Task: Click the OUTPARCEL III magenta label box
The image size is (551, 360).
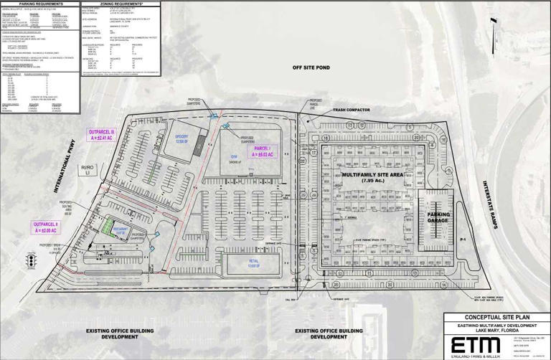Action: coord(101,136)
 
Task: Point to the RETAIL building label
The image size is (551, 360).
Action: coord(253,263)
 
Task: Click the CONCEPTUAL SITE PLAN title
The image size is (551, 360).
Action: coord(496,317)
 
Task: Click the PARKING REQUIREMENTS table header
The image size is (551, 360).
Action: coord(39,4)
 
